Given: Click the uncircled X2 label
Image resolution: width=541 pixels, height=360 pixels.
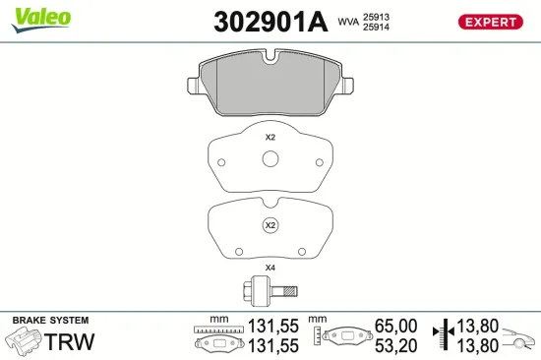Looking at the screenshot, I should click(270, 138).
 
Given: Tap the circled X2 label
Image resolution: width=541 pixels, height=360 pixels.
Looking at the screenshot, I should click(270, 225).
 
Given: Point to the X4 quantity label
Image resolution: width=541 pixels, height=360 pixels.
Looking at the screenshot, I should click(270, 269).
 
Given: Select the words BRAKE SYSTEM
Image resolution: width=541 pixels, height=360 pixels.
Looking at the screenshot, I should click(49, 321).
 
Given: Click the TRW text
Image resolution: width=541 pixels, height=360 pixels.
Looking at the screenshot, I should click(73, 342).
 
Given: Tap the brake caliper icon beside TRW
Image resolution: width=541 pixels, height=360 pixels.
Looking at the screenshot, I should click(26, 342).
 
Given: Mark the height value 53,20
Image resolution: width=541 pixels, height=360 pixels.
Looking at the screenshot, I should click(396, 344).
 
